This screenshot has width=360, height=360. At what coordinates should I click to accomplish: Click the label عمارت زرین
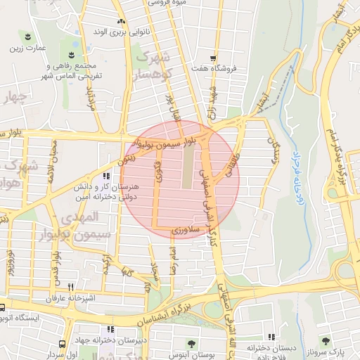coord(27,49)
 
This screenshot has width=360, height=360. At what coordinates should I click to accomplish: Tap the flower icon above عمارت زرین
coord(27,36)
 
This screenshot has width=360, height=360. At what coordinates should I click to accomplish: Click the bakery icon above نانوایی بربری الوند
coord(121,21)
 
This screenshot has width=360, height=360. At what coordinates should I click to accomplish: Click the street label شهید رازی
coord(211,98)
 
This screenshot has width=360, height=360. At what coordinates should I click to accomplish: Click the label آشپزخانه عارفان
coord(49,299)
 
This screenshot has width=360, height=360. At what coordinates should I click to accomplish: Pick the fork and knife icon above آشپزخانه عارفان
coord(70,287)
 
